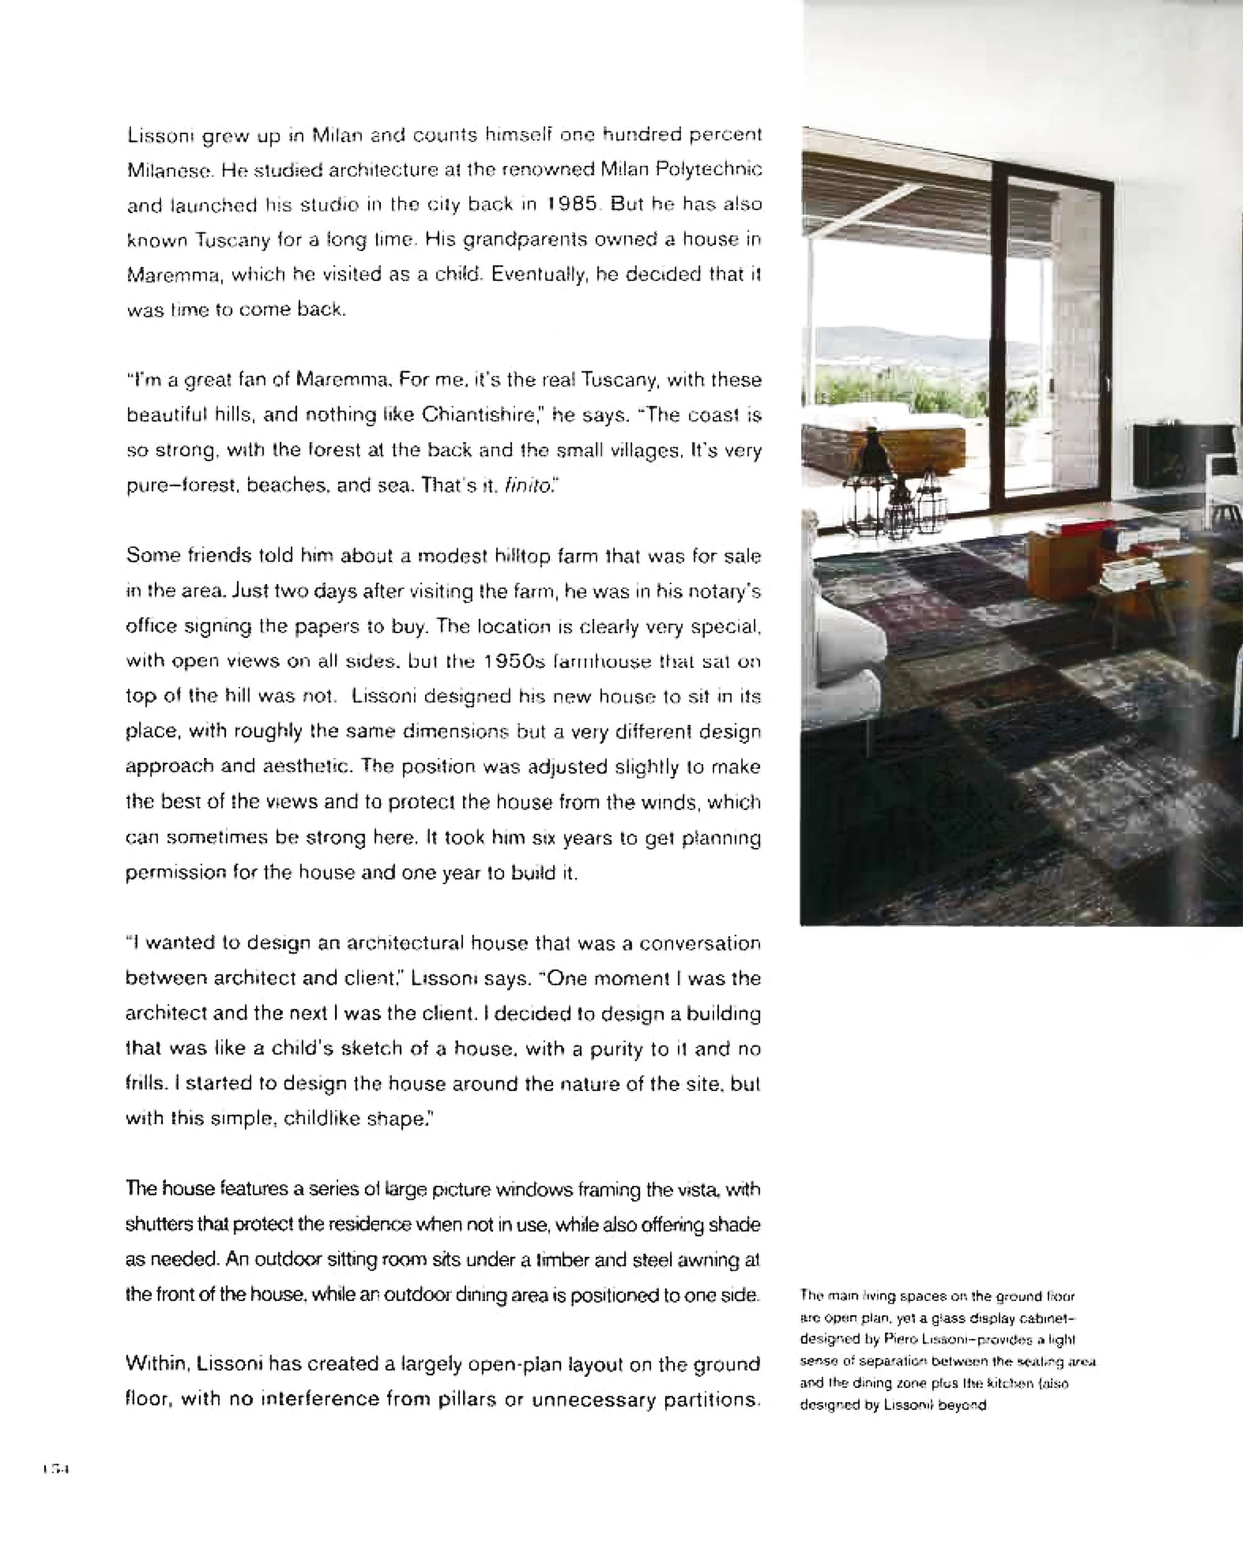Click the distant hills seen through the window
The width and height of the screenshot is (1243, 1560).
tap(897, 344)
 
